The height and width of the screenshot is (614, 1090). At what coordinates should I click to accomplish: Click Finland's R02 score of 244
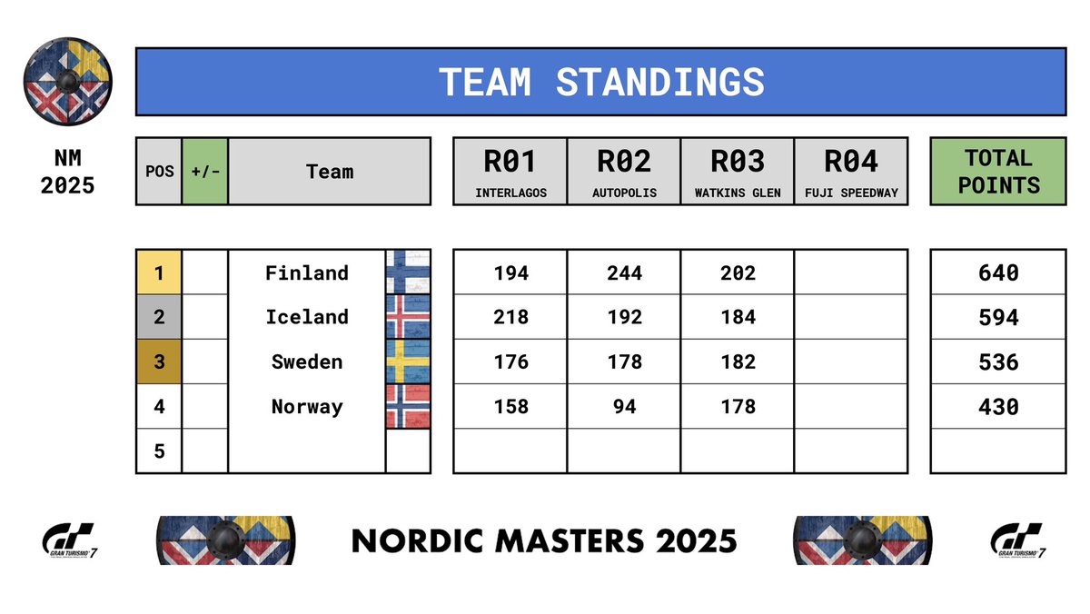coord(624,272)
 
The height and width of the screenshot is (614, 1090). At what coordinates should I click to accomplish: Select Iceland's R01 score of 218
coord(510,317)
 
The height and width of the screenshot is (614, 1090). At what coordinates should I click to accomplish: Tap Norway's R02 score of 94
coord(624,406)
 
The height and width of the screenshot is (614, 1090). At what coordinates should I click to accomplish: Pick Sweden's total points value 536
coord(998,362)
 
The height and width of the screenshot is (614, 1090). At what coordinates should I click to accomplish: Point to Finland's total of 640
coord(998,272)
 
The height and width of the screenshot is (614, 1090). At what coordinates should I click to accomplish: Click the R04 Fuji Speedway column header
coord(851,171)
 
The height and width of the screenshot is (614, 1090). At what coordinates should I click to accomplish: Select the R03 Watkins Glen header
coord(738,171)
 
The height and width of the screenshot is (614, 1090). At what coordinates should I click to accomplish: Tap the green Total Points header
coord(998,171)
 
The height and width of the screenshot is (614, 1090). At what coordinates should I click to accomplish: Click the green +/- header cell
coord(204,171)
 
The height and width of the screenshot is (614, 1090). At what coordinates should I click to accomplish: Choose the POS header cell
coord(159,171)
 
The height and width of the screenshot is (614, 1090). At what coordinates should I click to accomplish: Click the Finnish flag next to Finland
coord(408,272)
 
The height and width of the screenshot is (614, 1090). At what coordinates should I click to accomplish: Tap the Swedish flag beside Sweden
coord(408,361)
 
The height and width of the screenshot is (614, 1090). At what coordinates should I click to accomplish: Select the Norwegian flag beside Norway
coord(408,406)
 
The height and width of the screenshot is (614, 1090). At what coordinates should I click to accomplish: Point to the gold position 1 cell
coord(159,272)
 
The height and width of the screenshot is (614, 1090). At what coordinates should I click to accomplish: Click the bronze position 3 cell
coord(159,361)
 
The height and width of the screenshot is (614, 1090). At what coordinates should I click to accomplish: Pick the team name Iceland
coord(307,317)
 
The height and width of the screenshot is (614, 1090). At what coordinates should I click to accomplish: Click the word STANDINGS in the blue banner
coord(660,82)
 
